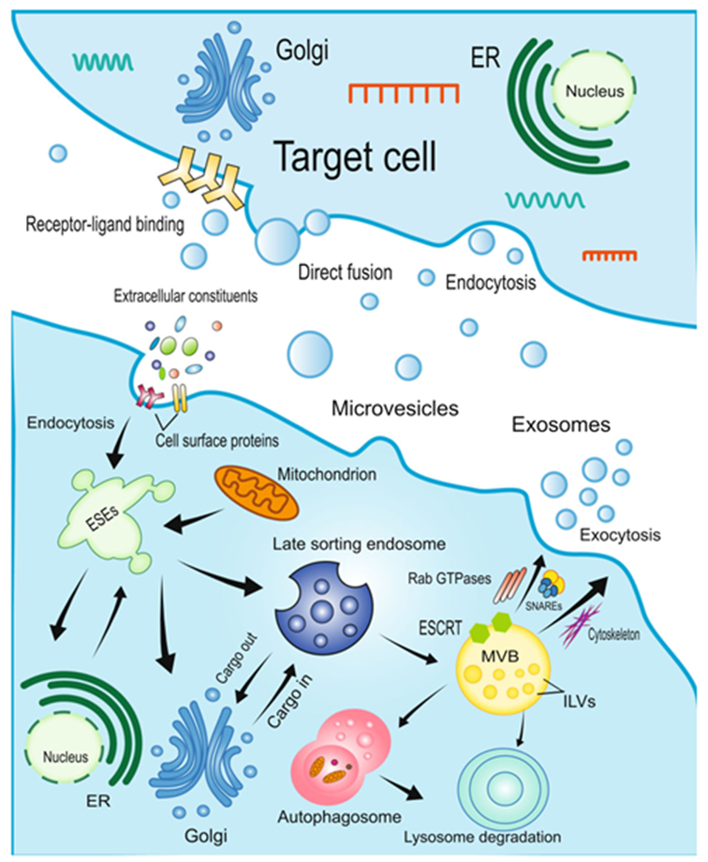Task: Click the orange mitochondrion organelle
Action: click(x=249, y=493)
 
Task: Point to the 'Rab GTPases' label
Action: click(x=445, y=578)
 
